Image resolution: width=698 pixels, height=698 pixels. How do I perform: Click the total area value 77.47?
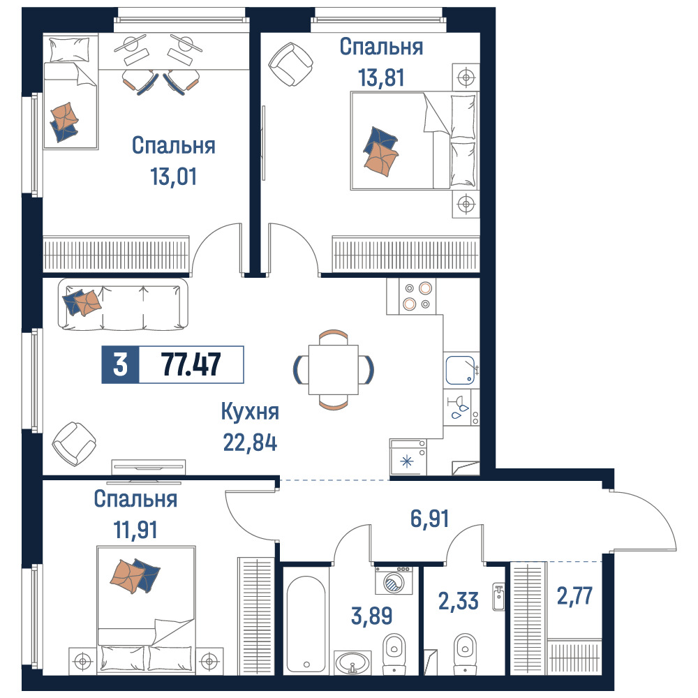[x=191, y=364]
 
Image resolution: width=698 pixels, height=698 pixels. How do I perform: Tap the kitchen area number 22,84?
[x=250, y=443]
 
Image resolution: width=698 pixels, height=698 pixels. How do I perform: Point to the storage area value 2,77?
[x=574, y=596]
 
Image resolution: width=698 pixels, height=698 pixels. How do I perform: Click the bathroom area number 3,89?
[x=372, y=616]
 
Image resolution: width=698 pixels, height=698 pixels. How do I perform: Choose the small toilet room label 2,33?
[x=459, y=601]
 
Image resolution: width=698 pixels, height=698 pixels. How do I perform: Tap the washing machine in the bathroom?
[x=394, y=581]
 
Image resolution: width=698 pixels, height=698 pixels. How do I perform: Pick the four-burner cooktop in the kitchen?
[x=417, y=297]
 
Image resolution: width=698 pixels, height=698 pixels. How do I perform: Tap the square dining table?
[x=334, y=369]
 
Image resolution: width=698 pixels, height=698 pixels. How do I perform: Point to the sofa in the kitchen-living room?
[x=123, y=304]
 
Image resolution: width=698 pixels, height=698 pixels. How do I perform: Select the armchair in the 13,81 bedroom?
[x=290, y=64]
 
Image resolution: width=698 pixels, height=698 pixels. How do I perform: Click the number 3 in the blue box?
[x=120, y=364]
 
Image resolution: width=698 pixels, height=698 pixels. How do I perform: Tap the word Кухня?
[x=250, y=412]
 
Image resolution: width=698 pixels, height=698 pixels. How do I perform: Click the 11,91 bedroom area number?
[x=135, y=530]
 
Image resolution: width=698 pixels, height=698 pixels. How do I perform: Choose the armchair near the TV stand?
[x=74, y=443]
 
